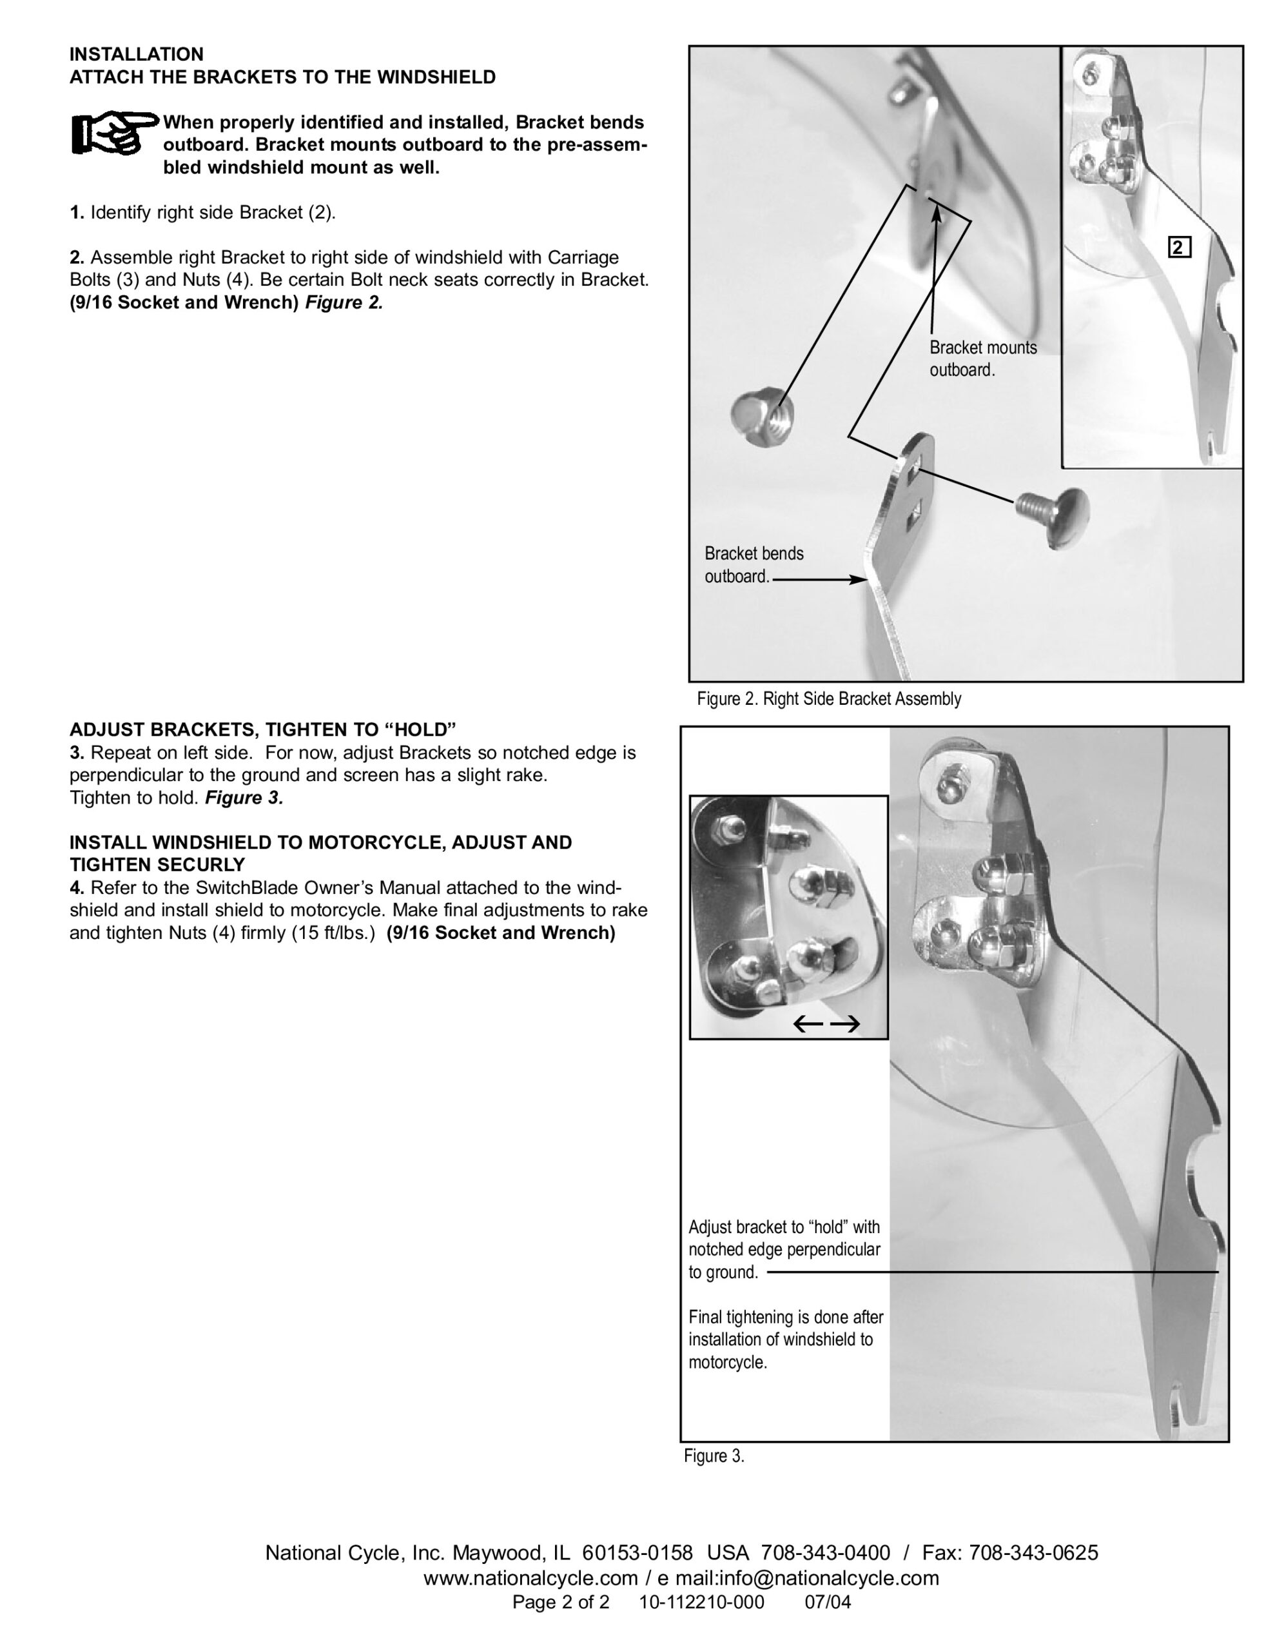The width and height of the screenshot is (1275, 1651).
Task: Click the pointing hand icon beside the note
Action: click(x=115, y=135)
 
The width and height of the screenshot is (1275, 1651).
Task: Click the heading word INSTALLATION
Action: click(x=137, y=54)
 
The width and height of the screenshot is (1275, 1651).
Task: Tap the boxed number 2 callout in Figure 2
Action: click(x=1179, y=248)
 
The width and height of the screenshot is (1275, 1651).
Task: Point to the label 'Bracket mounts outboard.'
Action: click(x=982, y=359)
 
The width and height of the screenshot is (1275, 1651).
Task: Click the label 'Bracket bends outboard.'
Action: click(x=754, y=565)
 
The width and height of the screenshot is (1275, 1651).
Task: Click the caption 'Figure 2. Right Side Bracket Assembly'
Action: click(x=828, y=699)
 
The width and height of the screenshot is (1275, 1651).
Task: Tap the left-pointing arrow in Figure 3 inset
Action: click(x=807, y=1025)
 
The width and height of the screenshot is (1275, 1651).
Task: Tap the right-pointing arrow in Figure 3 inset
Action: click(x=846, y=1025)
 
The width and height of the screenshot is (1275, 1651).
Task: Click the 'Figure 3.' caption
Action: click(x=714, y=1456)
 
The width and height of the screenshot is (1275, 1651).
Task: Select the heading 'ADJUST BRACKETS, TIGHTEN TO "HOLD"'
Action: click(x=263, y=729)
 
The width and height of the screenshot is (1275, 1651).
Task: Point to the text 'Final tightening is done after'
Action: click(x=786, y=1317)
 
